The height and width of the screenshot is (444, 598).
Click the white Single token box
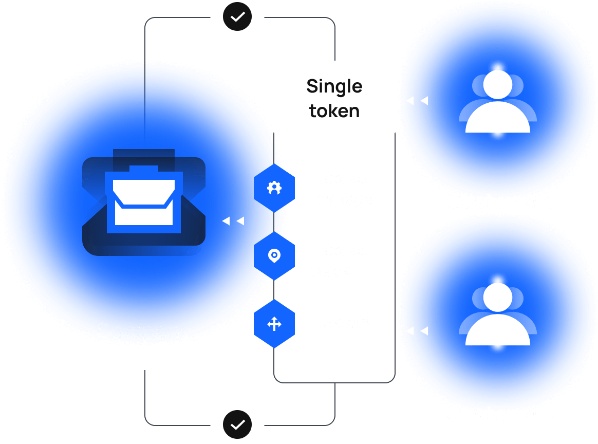(334, 98)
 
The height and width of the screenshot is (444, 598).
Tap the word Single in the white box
(334, 86)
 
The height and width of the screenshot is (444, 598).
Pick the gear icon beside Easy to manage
(274, 188)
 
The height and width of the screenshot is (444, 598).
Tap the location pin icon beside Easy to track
(274, 255)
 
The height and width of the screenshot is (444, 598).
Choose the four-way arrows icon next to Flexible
(274, 324)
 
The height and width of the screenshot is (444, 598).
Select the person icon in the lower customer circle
(497, 314)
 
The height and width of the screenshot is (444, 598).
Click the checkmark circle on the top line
(237, 17)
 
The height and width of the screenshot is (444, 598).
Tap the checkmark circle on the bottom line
(237, 425)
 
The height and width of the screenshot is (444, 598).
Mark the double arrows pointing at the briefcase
(233, 221)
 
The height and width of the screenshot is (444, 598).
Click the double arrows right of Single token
(417, 101)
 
